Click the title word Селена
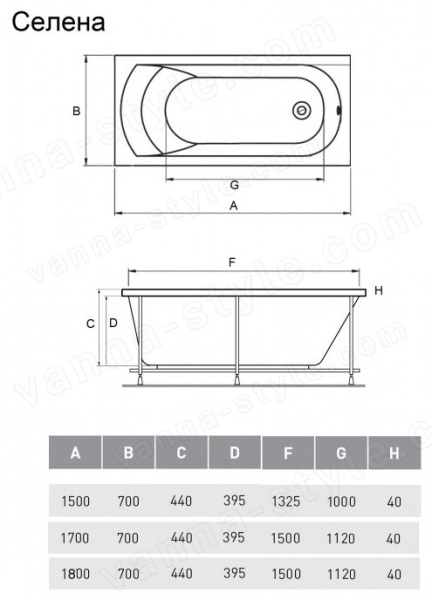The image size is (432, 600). [x=59, y=23]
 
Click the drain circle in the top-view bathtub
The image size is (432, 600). [x=302, y=111]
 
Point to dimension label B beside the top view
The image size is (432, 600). [x=77, y=111]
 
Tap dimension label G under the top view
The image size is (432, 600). [x=234, y=185]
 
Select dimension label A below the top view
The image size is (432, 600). [x=233, y=206]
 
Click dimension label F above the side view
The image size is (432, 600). [x=232, y=262]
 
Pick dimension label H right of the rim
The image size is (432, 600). [x=378, y=291]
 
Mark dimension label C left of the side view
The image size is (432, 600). [x=90, y=324]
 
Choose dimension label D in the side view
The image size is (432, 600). [x=113, y=323]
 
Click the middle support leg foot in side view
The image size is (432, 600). [x=237, y=380]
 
